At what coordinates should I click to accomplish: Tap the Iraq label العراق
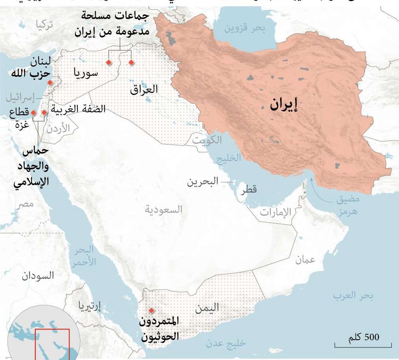[x=144, y=89]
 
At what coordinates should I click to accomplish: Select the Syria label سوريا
[x=86, y=73]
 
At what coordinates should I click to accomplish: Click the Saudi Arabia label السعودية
[x=164, y=210]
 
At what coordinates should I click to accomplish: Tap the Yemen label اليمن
[x=207, y=308]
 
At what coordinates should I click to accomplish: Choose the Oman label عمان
[x=305, y=260]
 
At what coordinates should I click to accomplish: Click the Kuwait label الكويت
[x=207, y=140]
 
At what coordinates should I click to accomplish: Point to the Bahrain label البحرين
[x=202, y=182]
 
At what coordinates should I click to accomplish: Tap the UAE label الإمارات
[x=275, y=212]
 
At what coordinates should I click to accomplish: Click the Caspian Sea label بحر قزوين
[x=244, y=28]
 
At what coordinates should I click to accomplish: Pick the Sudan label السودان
[x=38, y=276]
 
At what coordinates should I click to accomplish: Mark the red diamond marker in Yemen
[x=151, y=311]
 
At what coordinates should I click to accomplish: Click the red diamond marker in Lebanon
[x=50, y=83]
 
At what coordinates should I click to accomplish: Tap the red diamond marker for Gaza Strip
[x=33, y=113]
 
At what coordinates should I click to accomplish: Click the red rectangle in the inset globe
[x=52, y=344]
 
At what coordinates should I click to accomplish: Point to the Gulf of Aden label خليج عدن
[x=226, y=343]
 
